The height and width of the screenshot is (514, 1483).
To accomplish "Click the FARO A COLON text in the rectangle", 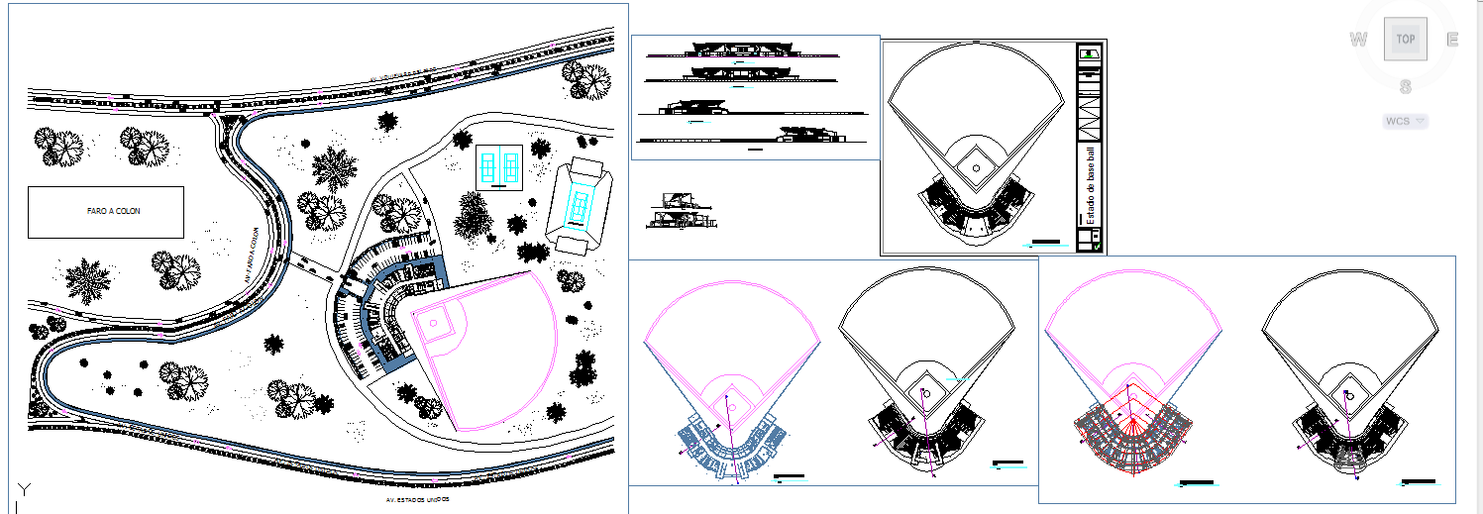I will [x=106, y=211].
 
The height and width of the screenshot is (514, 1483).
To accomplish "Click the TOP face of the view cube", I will [x=1405, y=40].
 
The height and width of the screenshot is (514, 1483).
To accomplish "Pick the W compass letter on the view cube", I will [x=1358, y=40].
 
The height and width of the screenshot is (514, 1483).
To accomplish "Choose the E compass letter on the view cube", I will [x=1452, y=40].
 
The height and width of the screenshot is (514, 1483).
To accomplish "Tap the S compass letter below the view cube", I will [x=1405, y=87].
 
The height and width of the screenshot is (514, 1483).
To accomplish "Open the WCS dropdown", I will [x=1406, y=121].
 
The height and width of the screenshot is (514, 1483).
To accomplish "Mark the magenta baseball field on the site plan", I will [x=485, y=347].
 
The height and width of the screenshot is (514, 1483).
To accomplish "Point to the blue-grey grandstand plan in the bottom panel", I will [x=728, y=446].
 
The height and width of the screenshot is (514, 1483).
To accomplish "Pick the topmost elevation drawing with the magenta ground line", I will [x=741, y=51].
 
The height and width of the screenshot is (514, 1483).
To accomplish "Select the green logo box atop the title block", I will [x=1090, y=53].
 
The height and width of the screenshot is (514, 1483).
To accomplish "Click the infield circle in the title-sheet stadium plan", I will [x=976, y=169].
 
